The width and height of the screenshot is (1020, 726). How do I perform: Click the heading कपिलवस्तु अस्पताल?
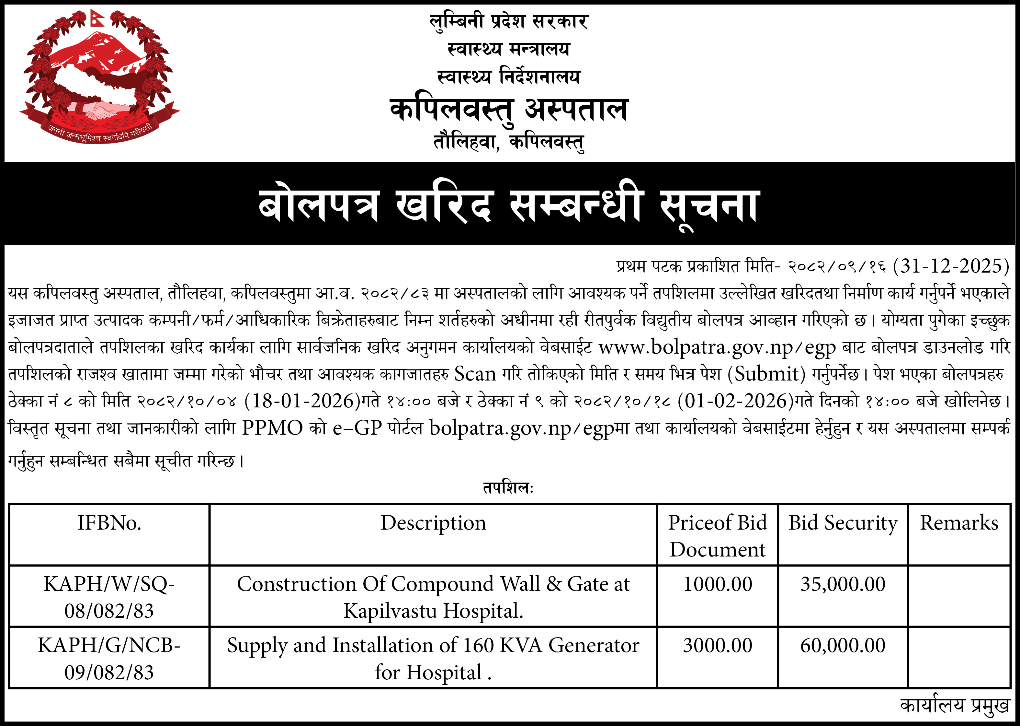(509, 109)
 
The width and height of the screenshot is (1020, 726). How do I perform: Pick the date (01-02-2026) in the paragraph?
(735, 401)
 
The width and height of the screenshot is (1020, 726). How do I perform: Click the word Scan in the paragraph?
(475, 374)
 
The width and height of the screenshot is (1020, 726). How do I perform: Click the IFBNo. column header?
(109, 523)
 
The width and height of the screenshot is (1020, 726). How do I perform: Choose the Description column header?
(433, 523)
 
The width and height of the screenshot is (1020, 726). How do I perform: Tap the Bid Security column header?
(843, 523)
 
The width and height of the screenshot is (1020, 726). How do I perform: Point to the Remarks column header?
(959, 523)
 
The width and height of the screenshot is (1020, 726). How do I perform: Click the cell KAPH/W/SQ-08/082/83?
(109, 597)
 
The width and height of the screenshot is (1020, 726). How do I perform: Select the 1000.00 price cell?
(718, 584)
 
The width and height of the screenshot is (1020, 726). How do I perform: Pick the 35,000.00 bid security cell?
(843, 584)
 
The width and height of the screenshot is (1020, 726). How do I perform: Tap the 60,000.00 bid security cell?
(843, 646)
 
